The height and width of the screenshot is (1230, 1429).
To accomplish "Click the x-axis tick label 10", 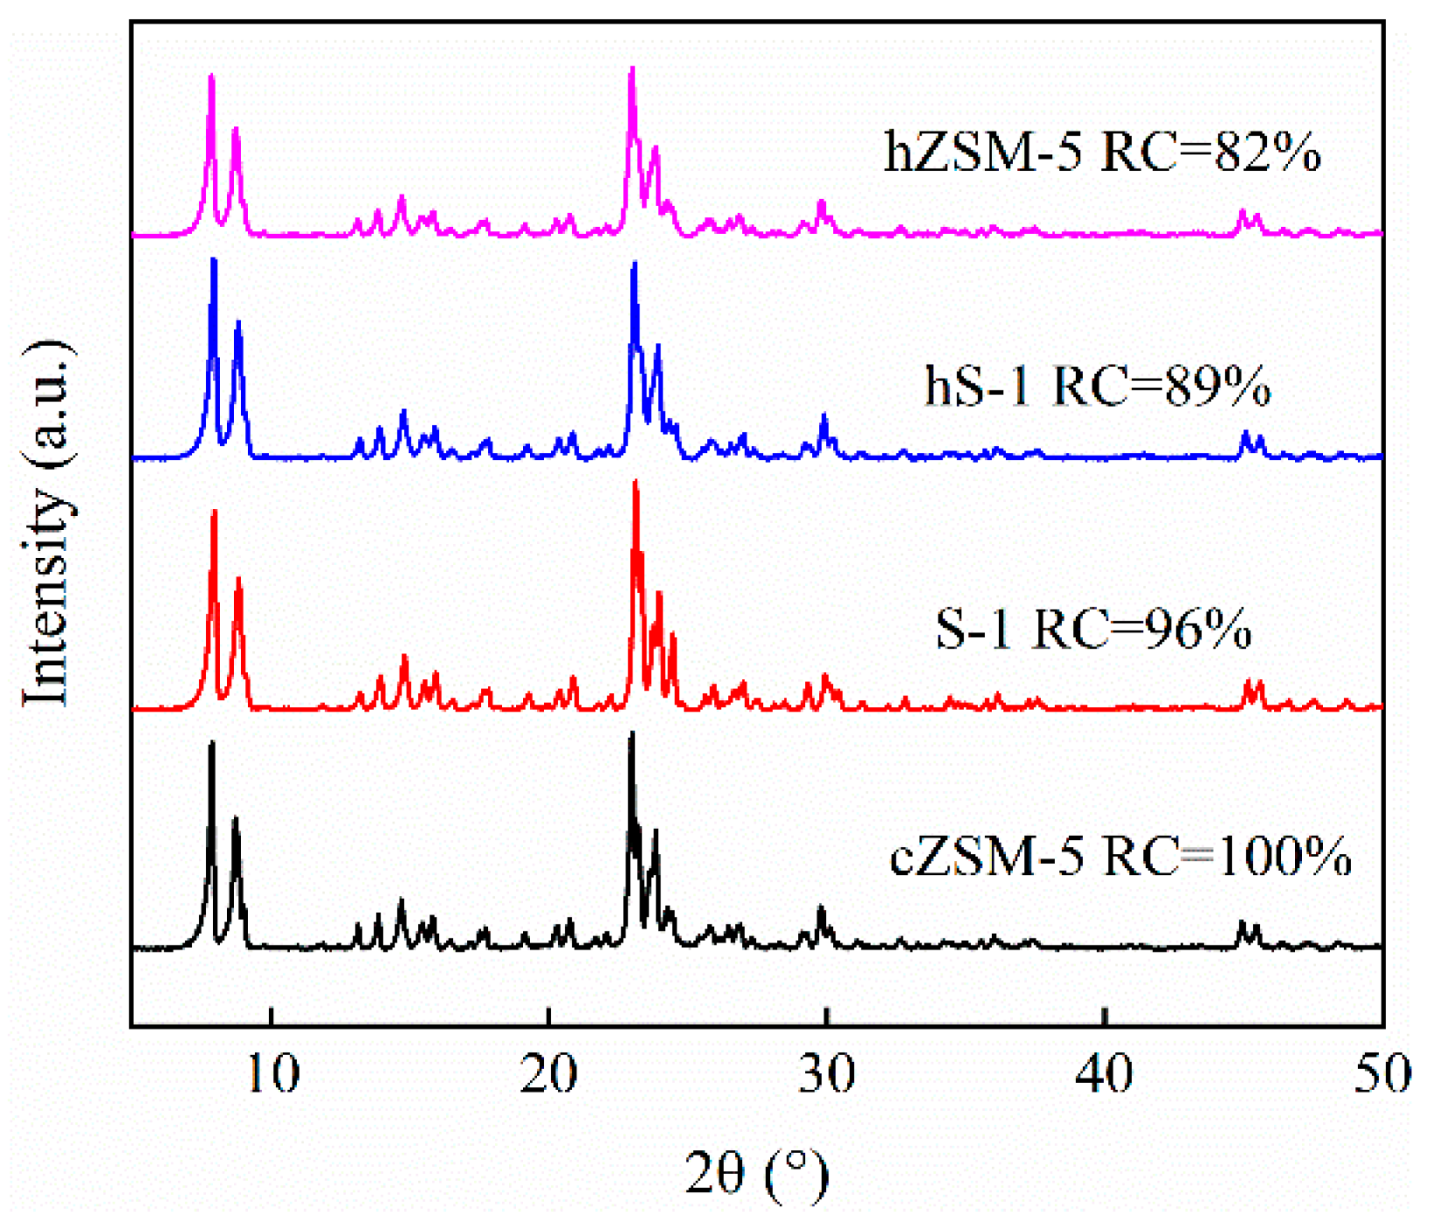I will tap(272, 1075).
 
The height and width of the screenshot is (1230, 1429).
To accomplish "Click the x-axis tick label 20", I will tap(548, 1075).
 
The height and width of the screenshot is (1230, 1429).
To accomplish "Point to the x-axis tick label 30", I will tap(826, 1075).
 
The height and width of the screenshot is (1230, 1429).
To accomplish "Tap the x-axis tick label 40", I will tap(1105, 1075).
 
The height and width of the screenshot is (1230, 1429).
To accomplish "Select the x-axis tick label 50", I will tap(1382, 1075).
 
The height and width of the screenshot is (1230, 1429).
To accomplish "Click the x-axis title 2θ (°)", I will tap(756, 1175).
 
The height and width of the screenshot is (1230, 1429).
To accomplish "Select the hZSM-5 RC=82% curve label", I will tap(1101, 152).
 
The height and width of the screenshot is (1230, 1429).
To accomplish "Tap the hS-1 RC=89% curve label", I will tap(1097, 386).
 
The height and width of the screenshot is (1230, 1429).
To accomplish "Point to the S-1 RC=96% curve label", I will tap(1093, 629).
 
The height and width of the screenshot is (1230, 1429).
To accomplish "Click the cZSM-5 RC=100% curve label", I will tap(1120, 856).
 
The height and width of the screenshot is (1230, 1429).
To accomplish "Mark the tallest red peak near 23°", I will tap(635, 483).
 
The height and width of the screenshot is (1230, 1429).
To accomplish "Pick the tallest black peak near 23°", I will tap(632, 734).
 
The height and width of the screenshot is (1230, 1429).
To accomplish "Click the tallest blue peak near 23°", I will tap(634, 265).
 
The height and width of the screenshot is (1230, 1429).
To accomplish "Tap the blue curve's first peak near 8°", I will tap(213, 261).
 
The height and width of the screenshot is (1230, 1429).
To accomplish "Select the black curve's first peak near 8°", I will tap(211, 745).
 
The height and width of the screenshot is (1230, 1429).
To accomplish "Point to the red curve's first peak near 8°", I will tap(214, 512).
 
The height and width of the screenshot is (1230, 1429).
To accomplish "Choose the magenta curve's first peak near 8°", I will tap(211, 77).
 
